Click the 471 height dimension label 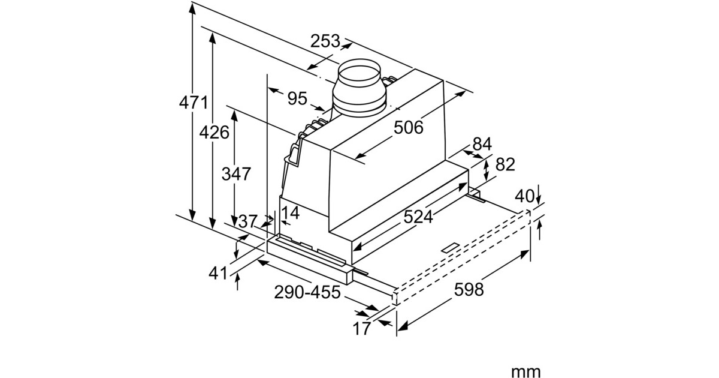coord(194,102)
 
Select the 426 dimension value coord(215,132)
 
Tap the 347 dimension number coord(236,174)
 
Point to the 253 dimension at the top coord(325,41)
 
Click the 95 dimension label coord(297,98)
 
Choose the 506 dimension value coord(409,127)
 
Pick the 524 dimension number coord(418,217)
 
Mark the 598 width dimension coord(469,290)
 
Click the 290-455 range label coord(307,293)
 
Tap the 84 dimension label coord(482,144)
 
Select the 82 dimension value coord(505,164)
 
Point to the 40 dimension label coord(524,196)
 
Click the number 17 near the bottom coord(361,328)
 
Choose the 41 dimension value coord(219,273)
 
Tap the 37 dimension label coord(247,221)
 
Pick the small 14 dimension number coord(290,212)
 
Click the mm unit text coord(525,372)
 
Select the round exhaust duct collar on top coord(361,87)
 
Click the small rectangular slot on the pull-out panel coord(449,247)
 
